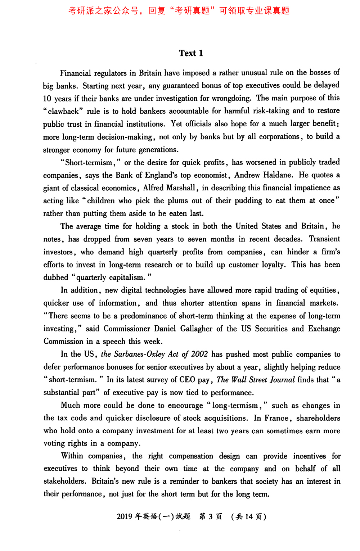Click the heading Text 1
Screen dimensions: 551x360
(x=191, y=53)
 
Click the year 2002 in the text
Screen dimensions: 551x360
(x=199, y=354)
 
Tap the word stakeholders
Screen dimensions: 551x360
(x=64, y=482)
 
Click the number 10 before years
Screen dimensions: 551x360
(x=47, y=99)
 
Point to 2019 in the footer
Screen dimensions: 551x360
(x=125, y=517)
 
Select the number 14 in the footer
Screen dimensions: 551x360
(x=249, y=517)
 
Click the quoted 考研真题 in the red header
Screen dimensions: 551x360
(x=192, y=11)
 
